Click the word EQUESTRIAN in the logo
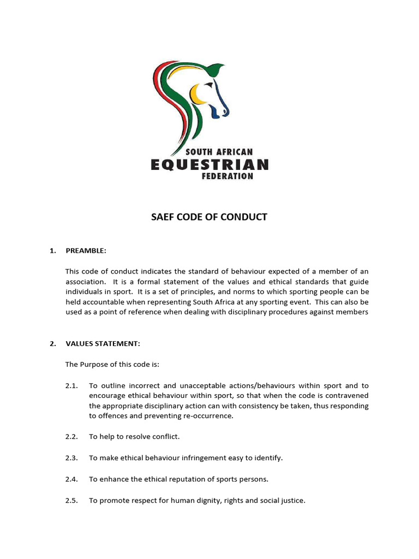pyautogui.click(x=209, y=164)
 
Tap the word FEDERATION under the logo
pyautogui.click(x=228, y=176)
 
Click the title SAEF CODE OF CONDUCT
pyautogui.click(x=209, y=217)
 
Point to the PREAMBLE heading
pyautogui.click(x=86, y=251)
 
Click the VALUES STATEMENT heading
pyautogui.click(x=103, y=343)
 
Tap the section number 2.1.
pyautogui.click(x=72, y=385)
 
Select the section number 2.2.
pyautogui.click(x=72, y=437)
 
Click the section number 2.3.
pyautogui.click(x=72, y=457)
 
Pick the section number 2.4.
pyautogui.click(x=72, y=479)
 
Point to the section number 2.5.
pyautogui.click(x=72, y=499)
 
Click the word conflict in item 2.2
pyautogui.click(x=165, y=437)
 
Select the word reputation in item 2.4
pyautogui.click(x=193, y=479)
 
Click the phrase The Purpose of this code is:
pyautogui.click(x=112, y=364)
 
